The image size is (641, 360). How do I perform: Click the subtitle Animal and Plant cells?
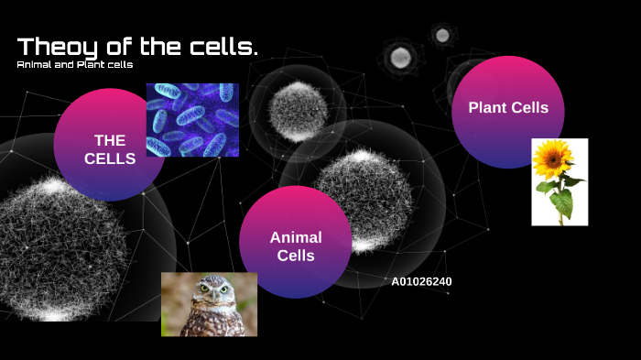tap(75, 64)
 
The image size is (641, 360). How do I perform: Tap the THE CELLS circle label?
tap(110, 149)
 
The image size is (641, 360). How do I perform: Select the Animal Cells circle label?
tap(296, 245)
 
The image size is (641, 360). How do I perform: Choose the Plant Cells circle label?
tap(508, 108)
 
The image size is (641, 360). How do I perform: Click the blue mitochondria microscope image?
tap(192, 120)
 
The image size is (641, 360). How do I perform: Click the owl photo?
tap(209, 304)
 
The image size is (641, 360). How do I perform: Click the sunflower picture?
tap(560, 181)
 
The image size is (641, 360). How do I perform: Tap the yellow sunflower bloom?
tap(552, 159)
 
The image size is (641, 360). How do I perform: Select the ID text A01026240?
tap(421, 281)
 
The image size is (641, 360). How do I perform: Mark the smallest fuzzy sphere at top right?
tap(442, 36)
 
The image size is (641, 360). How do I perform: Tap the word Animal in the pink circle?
tap(296, 237)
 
